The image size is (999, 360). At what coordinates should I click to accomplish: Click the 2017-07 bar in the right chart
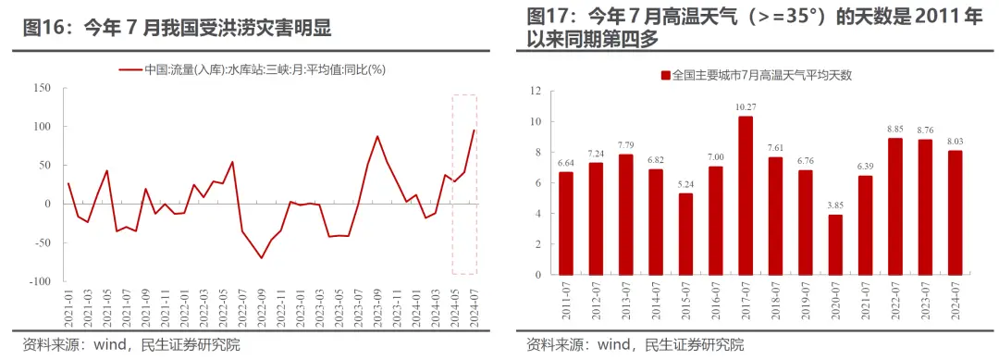click(745, 195)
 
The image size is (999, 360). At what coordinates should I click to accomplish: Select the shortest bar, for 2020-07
click(834, 244)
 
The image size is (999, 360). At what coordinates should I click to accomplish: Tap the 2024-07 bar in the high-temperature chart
click(954, 213)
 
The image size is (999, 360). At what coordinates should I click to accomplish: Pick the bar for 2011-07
click(566, 223)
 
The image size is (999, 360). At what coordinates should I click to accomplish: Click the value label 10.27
click(746, 107)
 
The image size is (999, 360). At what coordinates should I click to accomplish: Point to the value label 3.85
click(834, 205)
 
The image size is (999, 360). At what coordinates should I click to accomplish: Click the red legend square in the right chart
click(665, 74)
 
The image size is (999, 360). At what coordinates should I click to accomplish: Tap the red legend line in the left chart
click(130, 69)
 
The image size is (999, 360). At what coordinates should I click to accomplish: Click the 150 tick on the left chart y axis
click(42, 88)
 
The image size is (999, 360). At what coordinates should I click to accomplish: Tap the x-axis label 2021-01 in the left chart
click(69, 305)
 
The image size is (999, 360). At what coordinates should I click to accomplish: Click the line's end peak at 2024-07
click(475, 130)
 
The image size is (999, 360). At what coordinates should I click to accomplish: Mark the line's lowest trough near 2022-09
click(261, 257)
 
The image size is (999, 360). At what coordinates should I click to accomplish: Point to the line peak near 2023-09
click(377, 136)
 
